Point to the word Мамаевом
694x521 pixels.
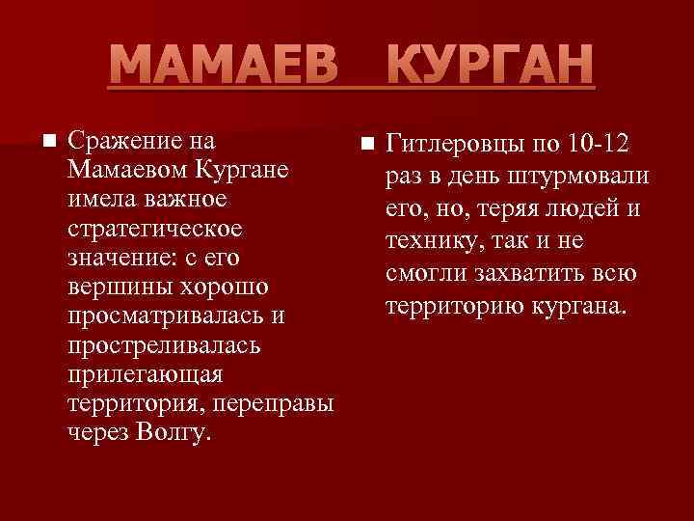(x=129, y=172)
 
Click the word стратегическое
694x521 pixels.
(x=155, y=231)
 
